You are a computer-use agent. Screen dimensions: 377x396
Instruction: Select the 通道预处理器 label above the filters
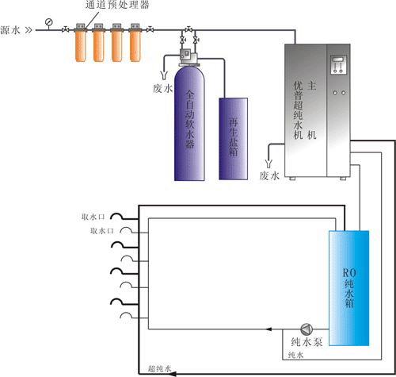point(112,6)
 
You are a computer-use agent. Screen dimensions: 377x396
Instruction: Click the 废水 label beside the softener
point(162,88)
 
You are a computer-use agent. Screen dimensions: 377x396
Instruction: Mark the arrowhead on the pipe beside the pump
point(272,328)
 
